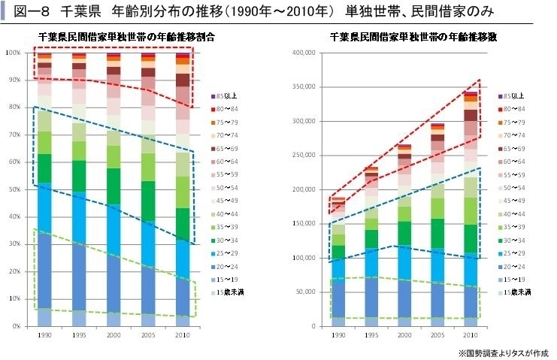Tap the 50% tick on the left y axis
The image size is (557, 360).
pyautogui.click(x=14, y=189)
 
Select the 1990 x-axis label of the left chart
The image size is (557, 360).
pyautogui.click(x=45, y=334)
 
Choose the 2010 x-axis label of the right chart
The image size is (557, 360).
pyautogui.click(x=470, y=334)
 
